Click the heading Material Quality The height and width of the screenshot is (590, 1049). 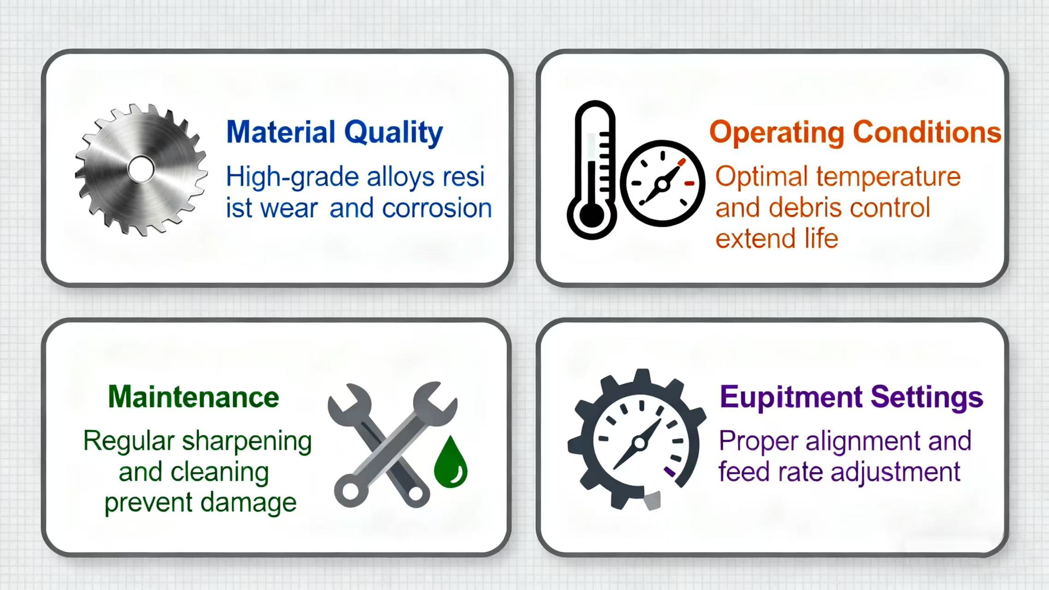(335, 133)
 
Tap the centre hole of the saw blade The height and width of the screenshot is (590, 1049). (141, 170)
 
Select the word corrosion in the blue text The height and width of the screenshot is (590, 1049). (437, 208)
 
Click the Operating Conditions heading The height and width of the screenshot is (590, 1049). (855, 133)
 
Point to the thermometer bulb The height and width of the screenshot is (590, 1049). (592, 216)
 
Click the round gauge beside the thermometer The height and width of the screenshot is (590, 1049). (663, 183)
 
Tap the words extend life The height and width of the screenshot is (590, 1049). (777, 239)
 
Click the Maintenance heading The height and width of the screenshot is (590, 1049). (194, 397)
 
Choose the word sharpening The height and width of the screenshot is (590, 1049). (247, 442)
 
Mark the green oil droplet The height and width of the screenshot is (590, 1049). (451, 462)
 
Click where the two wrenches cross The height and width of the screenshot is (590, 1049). (393, 446)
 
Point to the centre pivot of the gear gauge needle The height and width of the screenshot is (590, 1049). (640, 443)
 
